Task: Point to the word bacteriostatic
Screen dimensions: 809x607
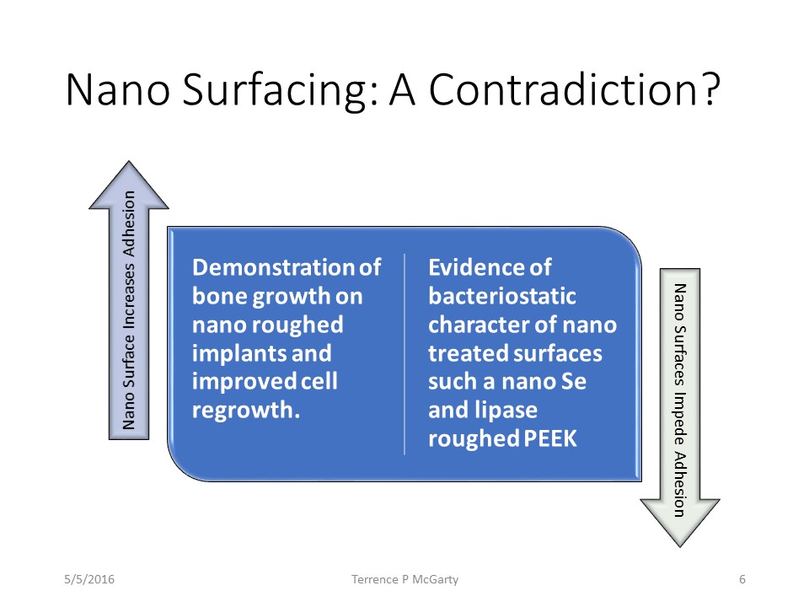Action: (x=502, y=296)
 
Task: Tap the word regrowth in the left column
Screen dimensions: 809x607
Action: (x=243, y=411)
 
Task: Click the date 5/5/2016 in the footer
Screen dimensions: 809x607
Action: (x=89, y=579)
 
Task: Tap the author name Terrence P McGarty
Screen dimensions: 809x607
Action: (x=405, y=580)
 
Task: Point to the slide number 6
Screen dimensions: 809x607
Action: (x=742, y=579)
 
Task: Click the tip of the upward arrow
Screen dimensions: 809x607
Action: (x=129, y=162)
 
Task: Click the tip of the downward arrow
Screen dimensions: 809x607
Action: (x=681, y=546)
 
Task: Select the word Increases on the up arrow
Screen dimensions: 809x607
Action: (x=128, y=295)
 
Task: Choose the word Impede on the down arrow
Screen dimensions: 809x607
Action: (x=679, y=419)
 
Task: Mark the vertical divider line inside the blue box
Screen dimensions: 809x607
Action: (x=404, y=354)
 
